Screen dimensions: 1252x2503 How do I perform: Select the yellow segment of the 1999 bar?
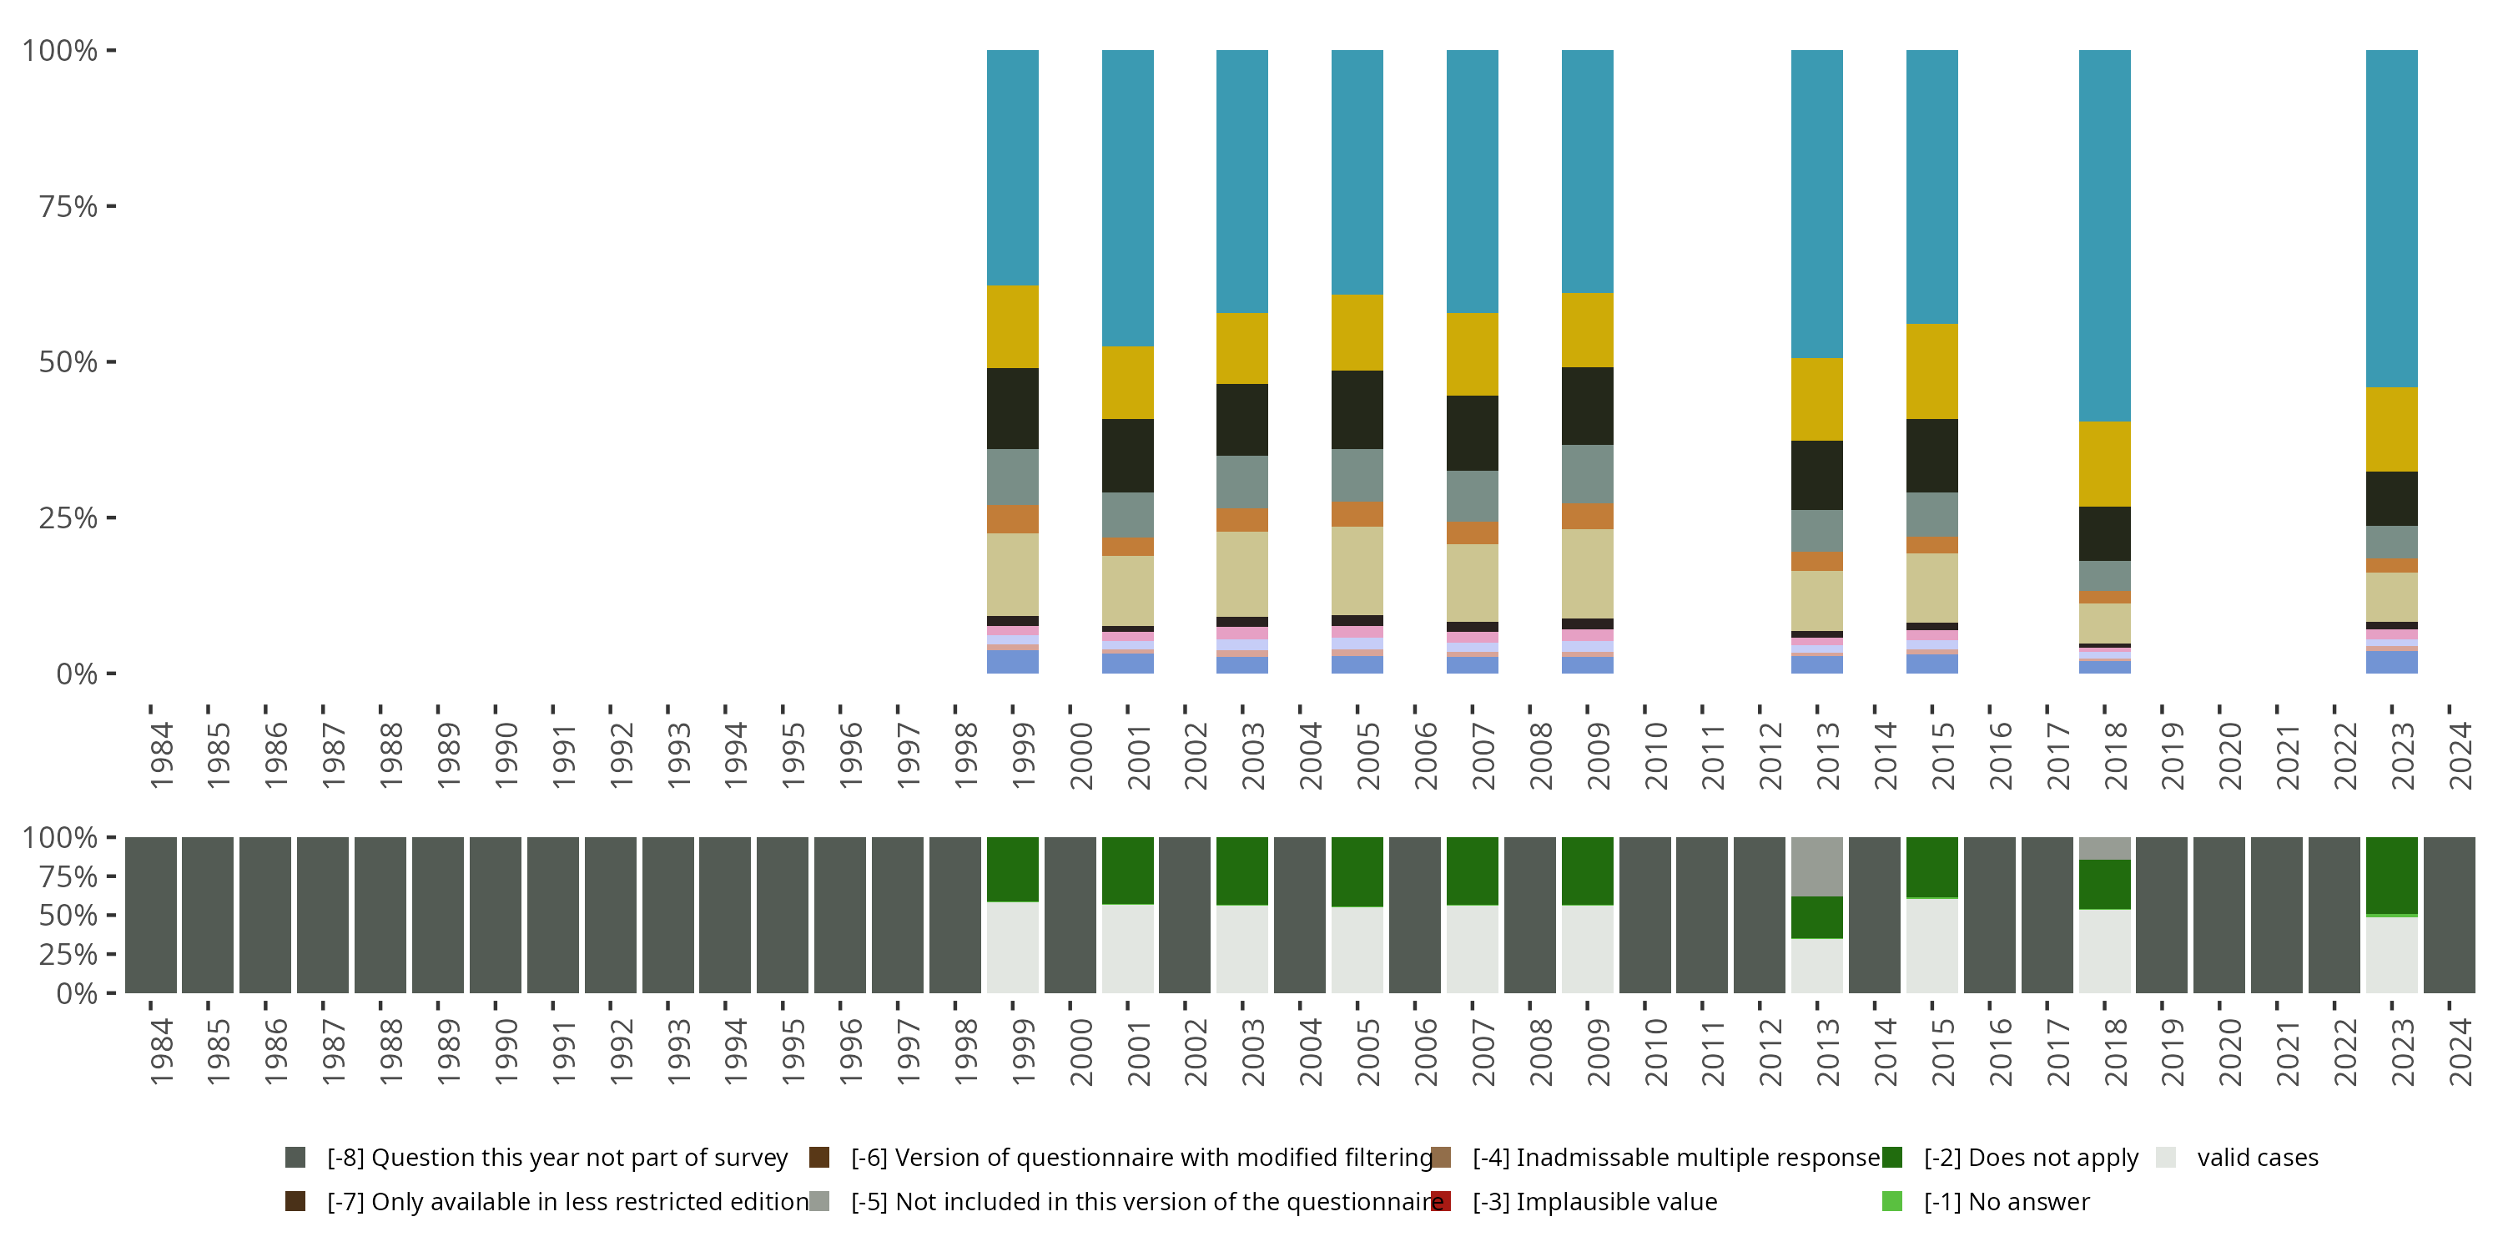pos(1013,326)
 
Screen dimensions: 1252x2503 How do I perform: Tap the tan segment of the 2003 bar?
pos(1241,573)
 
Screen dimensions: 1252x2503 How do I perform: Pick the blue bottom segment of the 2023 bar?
pos(2391,662)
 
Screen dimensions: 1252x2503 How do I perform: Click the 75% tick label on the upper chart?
pos(68,206)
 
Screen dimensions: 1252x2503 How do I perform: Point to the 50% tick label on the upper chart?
pos(68,362)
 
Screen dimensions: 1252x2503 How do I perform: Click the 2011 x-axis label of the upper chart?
pos(1713,756)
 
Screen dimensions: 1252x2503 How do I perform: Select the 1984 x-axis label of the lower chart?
pos(161,1052)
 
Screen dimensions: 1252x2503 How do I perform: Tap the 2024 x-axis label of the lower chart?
pos(2460,1052)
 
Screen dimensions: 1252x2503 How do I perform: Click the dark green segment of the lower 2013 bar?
pos(1816,916)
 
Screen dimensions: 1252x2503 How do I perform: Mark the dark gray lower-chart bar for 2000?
pos(1070,915)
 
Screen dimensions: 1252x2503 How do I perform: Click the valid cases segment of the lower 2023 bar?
pos(2391,955)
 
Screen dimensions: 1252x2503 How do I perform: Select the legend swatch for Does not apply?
pos(1891,1157)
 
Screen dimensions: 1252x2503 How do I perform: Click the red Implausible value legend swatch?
pos(1441,1201)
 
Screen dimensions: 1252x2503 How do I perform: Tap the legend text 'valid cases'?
pos(2257,1157)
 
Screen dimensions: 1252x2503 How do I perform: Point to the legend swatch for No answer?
pos(1891,1201)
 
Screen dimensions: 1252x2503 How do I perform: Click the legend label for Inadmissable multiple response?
pos(1676,1157)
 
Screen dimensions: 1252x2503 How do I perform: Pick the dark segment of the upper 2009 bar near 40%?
pos(1587,406)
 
